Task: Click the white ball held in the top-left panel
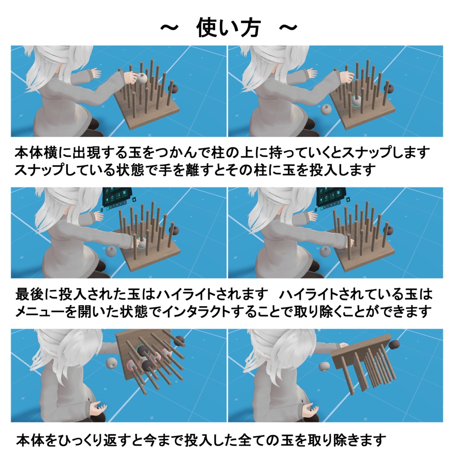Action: click(142, 79)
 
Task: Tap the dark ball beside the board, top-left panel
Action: click(174, 89)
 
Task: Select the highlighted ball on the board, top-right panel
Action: click(356, 102)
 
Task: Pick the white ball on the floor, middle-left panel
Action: click(112, 251)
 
